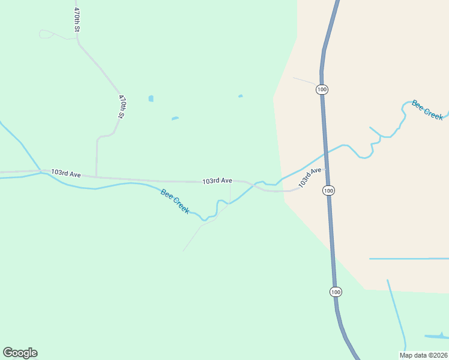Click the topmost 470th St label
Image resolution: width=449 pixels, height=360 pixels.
click(76, 20)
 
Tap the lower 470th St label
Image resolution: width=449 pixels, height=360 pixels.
click(121, 106)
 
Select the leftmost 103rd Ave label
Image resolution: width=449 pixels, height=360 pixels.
click(66, 173)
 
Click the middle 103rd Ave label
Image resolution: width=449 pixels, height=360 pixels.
click(217, 181)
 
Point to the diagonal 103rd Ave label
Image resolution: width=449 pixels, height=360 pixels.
click(311, 177)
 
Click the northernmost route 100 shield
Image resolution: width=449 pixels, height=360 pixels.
click(322, 89)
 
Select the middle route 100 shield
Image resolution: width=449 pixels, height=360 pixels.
click(328, 190)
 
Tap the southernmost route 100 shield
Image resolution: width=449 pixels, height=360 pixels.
click(336, 292)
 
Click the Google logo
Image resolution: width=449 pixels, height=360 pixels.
click(20, 352)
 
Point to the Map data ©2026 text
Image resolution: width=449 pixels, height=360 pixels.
click(423, 355)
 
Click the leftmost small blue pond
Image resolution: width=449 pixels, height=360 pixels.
click(151, 98)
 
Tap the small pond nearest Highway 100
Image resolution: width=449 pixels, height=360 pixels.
click(241, 96)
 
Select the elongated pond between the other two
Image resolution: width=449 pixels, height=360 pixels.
click(175, 118)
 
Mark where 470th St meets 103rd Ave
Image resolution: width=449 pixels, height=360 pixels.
click(96, 177)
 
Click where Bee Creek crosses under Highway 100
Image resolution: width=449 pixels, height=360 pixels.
click(325, 154)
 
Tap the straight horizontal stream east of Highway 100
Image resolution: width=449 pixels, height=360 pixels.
click(408, 259)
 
